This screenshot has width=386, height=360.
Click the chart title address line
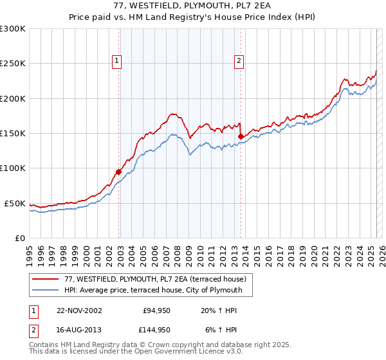tap(193, 6)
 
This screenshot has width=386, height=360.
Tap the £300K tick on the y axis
tap(13, 29)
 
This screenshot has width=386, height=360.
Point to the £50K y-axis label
tap(15, 203)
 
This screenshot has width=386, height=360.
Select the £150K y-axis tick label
tap(13, 134)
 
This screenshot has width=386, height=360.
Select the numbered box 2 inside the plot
tap(239, 61)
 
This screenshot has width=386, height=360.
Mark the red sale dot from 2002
tap(119, 172)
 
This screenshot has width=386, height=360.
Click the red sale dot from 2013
tap(241, 136)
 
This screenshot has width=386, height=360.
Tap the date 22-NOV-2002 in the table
tap(79, 310)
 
